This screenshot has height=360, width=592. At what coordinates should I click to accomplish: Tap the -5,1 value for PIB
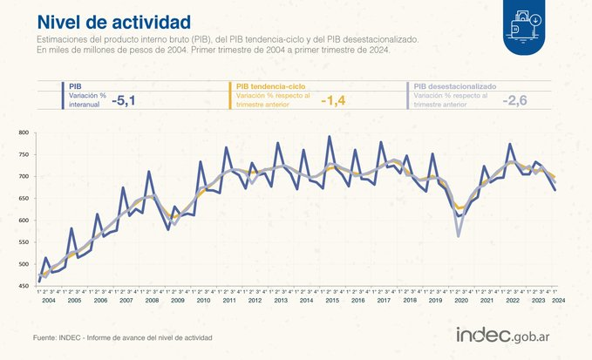click(124, 101)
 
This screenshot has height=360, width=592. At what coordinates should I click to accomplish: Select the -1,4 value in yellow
click(334, 101)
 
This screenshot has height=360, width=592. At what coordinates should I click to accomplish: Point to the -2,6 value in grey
click(515, 101)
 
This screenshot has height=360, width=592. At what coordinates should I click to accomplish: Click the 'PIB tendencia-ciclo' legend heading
click(272, 86)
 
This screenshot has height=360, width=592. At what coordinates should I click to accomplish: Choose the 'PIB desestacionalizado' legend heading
click(455, 86)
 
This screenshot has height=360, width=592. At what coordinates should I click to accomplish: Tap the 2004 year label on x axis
click(49, 300)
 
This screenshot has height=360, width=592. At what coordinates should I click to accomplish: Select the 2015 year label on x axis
click(332, 300)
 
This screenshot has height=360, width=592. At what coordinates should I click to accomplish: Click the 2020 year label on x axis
click(460, 300)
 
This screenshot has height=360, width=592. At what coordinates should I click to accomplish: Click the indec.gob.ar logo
click(509, 335)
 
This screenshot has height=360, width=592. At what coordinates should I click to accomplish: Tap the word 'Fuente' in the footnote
click(46, 337)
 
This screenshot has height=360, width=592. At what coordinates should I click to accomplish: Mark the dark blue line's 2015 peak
click(329, 137)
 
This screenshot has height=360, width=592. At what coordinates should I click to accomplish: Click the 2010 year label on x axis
click(203, 300)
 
